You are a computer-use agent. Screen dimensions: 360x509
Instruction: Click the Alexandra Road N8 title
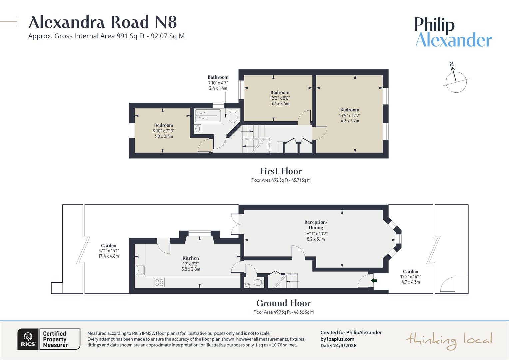point(102,22)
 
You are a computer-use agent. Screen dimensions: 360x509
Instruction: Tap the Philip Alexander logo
point(453,32)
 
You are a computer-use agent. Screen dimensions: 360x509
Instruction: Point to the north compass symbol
point(456,79)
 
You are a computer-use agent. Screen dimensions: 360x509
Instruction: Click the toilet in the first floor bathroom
point(233,116)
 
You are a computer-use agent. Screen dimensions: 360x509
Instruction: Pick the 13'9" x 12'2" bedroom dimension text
point(350,115)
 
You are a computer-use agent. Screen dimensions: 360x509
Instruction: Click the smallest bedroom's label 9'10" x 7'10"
point(163,131)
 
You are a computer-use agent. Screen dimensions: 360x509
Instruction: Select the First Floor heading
point(281,171)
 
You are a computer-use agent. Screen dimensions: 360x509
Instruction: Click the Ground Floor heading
point(283,303)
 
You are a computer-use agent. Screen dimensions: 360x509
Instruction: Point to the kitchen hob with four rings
point(159,282)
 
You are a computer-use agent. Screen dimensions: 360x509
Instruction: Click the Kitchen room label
point(191,258)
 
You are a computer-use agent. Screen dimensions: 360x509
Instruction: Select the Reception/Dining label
point(316,225)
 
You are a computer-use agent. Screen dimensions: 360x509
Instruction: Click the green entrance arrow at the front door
point(374,281)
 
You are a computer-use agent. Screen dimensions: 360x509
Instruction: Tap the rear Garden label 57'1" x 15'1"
point(109,251)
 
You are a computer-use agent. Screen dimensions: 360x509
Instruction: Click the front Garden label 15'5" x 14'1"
point(410,277)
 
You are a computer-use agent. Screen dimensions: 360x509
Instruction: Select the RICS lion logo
point(28,339)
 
